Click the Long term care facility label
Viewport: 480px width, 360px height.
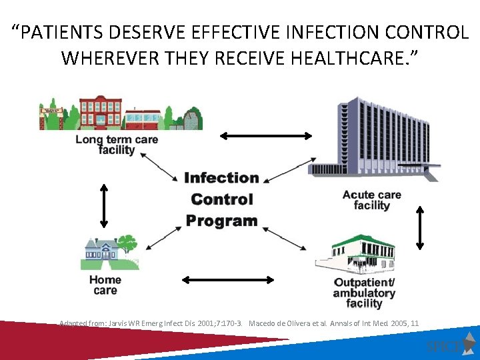coord(116,145)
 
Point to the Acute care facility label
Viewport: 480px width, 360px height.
coord(371,200)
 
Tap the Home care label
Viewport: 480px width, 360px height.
coord(105,285)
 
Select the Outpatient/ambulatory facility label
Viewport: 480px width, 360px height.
coord(364,293)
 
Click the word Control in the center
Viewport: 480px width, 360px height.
coord(221,199)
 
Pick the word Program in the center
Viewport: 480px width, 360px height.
coord(221,221)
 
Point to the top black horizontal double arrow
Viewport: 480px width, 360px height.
coord(266,136)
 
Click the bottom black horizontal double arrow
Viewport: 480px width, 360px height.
coord(228,279)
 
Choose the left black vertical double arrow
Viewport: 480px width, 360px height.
coord(104,205)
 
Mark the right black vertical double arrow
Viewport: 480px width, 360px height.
coord(419,228)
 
